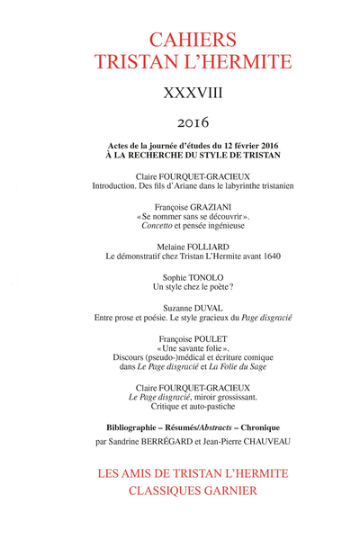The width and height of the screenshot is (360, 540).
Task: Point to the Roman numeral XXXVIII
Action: [x=180, y=92]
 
